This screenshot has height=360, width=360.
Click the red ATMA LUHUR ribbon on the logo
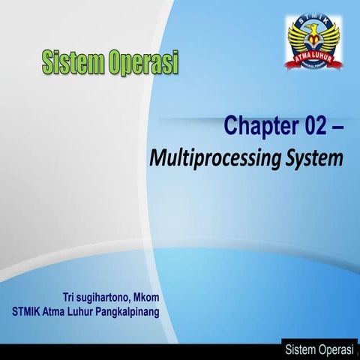pyautogui.click(x=313, y=54)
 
